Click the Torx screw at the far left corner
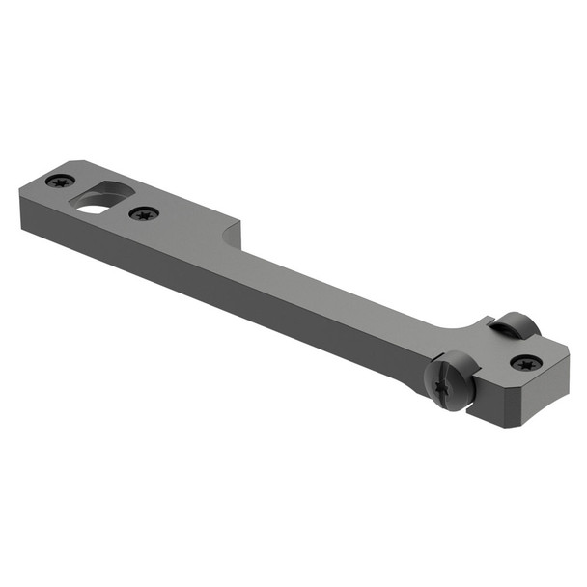(61, 181)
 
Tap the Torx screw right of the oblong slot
(144, 213)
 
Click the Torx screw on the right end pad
(526, 363)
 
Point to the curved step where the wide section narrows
(233, 235)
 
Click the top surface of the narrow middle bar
(338, 280)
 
